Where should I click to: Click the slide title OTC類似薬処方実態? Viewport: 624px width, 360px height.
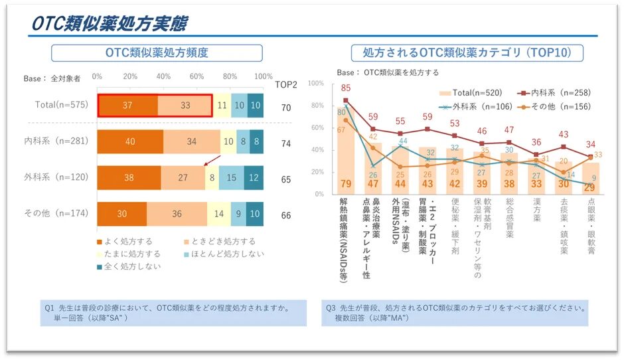pyautogui.click(x=109, y=23)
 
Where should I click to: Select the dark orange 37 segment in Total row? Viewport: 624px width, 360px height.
pyautogui.click(x=128, y=106)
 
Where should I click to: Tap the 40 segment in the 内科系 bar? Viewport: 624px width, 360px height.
pyautogui.click(x=130, y=141)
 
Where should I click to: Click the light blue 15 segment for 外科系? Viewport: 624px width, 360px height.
pyautogui.click(x=230, y=178)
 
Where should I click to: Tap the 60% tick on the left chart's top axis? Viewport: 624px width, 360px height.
pyautogui.click(x=196, y=76)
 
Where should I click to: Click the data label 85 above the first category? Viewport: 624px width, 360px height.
pyautogui.click(x=345, y=88)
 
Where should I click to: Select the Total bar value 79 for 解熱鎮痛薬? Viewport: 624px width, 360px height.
pyautogui.click(x=345, y=184)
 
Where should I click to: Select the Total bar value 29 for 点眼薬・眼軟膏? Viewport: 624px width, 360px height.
pyautogui.click(x=589, y=188)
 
